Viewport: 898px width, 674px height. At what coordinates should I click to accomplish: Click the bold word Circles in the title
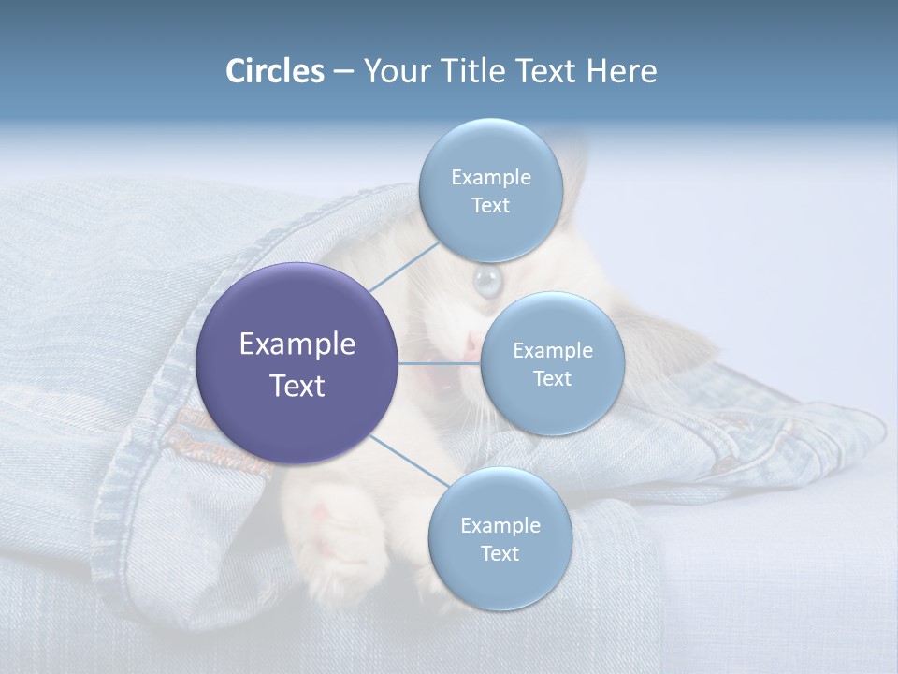pyautogui.click(x=274, y=71)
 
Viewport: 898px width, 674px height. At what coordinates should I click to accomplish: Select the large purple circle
pyautogui.click(x=297, y=363)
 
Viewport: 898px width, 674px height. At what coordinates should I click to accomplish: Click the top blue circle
pyautogui.click(x=490, y=191)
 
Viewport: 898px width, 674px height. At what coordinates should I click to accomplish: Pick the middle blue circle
pyautogui.click(x=552, y=364)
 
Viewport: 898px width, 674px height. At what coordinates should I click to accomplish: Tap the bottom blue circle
pyautogui.click(x=500, y=539)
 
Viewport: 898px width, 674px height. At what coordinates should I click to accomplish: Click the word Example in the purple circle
pyautogui.click(x=297, y=344)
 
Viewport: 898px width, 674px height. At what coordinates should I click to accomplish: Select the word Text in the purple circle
pyautogui.click(x=297, y=386)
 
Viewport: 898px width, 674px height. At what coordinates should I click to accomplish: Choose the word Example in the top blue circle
pyautogui.click(x=490, y=178)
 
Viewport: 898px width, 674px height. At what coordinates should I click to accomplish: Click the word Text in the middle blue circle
pyautogui.click(x=552, y=378)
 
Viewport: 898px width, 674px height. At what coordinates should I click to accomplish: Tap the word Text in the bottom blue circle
pyautogui.click(x=500, y=553)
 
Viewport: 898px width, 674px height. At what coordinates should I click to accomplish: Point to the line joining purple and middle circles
pyautogui.click(x=440, y=363)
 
